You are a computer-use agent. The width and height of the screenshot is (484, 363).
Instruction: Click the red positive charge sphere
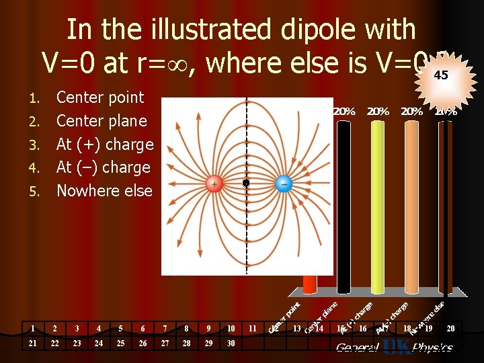pos(214,184)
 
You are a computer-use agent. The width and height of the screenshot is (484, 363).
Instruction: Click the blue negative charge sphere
pos(284,184)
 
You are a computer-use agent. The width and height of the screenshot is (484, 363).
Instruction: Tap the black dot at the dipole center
pos(246,183)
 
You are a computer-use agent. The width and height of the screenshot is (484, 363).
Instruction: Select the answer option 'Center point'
pos(99,97)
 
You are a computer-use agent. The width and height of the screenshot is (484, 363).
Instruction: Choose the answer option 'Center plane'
pos(102,121)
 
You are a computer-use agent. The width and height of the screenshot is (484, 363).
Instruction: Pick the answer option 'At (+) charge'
pos(105,144)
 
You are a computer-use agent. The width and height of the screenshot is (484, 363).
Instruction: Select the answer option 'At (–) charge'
pos(103,167)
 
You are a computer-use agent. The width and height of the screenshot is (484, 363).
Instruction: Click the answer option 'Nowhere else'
pos(104,190)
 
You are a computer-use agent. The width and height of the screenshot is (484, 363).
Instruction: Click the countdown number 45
pos(441,76)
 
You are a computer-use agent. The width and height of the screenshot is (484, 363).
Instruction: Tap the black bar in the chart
pos(344,202)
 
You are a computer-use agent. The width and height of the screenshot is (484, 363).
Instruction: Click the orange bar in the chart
pos(411,202)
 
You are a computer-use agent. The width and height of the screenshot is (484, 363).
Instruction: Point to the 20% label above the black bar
pos(345,112)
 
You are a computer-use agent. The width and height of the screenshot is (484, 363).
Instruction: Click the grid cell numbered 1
pos(32,329)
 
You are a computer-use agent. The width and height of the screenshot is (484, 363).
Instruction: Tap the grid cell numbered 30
pos(231,344)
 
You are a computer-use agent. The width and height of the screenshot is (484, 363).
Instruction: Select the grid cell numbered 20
pos(450,329)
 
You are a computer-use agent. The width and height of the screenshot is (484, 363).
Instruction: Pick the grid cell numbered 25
pos(120,344)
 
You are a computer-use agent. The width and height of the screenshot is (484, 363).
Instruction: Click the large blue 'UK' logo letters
pos(395,347)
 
